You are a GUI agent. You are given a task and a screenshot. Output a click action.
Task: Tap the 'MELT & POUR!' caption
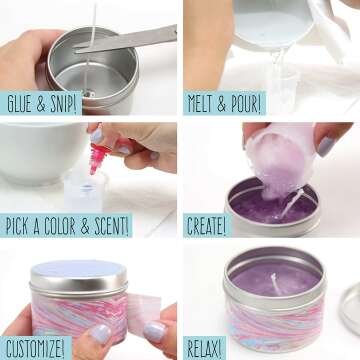[x=224, y=103]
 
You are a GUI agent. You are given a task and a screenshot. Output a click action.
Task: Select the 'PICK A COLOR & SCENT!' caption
[x=66, y=224]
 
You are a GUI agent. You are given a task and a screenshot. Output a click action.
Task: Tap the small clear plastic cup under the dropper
[x=84, y=186]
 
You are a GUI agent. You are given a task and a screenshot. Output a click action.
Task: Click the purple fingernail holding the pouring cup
[x=326, y=146]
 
